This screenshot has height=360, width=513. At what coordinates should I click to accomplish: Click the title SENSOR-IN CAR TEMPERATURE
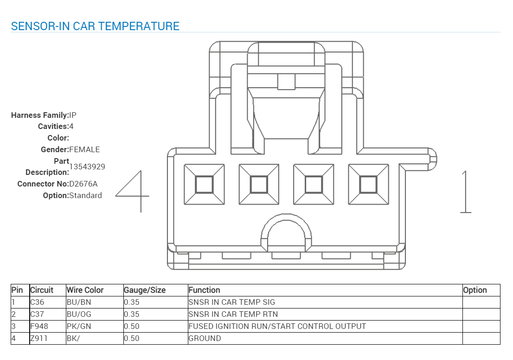click(95, 26)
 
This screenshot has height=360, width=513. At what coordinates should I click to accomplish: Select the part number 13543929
click(87, 167)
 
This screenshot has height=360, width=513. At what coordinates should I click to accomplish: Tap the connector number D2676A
click(83, 184)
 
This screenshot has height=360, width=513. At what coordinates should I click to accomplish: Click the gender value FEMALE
click(84, 149)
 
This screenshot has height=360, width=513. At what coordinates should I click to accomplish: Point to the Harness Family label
click(40, 115)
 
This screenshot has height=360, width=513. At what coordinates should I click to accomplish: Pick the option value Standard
click(86, 195)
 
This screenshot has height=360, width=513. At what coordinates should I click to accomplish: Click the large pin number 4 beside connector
click(133, 191)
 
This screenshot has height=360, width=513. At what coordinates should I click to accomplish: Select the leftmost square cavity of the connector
click(204, 185)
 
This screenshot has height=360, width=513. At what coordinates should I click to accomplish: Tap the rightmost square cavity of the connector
click(369, 185)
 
